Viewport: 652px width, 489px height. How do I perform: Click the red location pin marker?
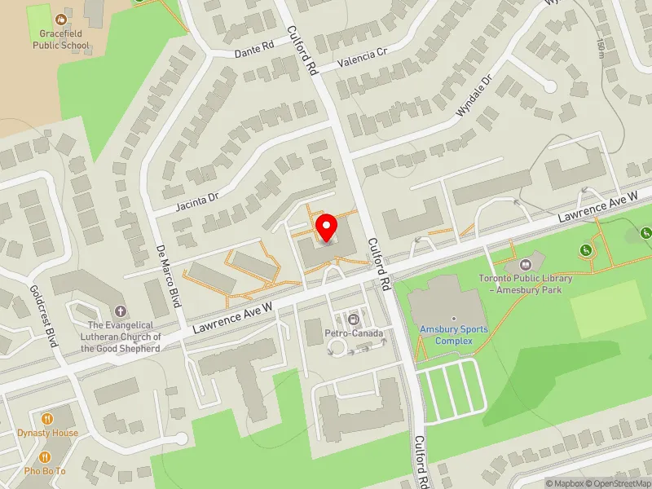point(326,227)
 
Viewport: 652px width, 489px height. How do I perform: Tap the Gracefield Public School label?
point(61,40)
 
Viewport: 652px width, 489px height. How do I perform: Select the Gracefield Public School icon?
point(61,18)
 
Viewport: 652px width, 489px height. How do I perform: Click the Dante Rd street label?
point(253,51)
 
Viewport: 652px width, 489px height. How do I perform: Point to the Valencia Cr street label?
point(363,56)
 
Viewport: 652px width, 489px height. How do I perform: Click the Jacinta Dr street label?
point(197,198)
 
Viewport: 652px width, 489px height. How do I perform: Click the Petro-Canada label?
point(354,333)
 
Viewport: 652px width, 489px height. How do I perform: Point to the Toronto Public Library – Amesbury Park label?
point(525,284)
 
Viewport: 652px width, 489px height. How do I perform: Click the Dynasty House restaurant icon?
point(48,418)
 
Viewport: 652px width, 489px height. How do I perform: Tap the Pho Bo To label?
point(44,471)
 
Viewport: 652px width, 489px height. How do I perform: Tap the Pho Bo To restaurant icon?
point(44,457)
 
